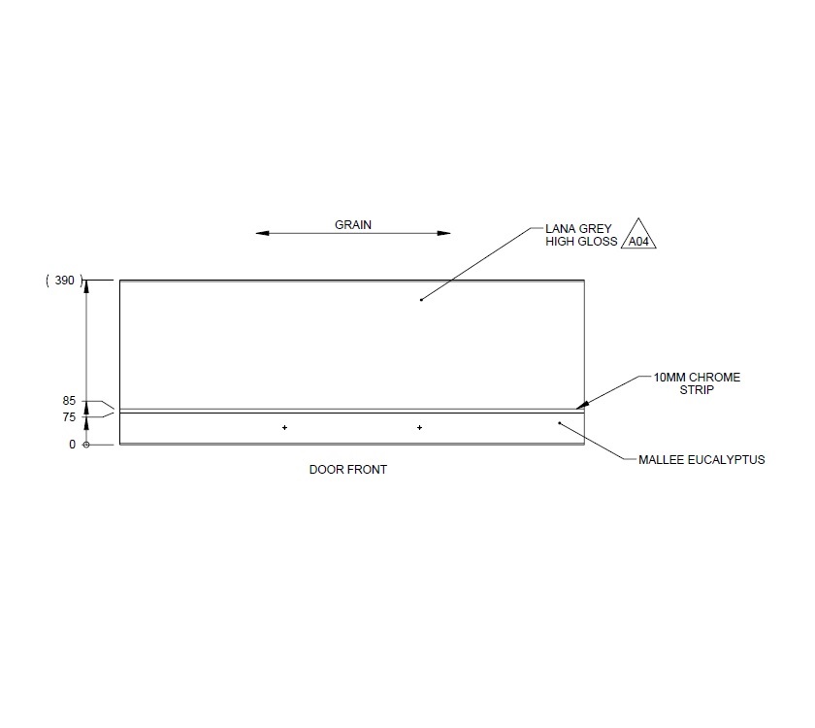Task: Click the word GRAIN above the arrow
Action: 353,224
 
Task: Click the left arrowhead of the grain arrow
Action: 262,233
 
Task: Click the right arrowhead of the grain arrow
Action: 444,233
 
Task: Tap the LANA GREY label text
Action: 578,229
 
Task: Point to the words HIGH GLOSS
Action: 581,242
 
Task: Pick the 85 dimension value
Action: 68,399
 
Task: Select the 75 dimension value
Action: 68,416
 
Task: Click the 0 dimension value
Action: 71,445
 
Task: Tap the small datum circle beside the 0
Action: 86,445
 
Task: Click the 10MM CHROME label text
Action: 697,378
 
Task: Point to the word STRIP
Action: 696,390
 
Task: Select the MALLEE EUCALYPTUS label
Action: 701,459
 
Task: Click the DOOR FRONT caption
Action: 348,470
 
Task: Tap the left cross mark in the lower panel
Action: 284,427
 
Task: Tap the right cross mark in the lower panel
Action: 419,427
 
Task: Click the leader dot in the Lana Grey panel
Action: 420,300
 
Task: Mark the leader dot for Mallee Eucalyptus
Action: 559,422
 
